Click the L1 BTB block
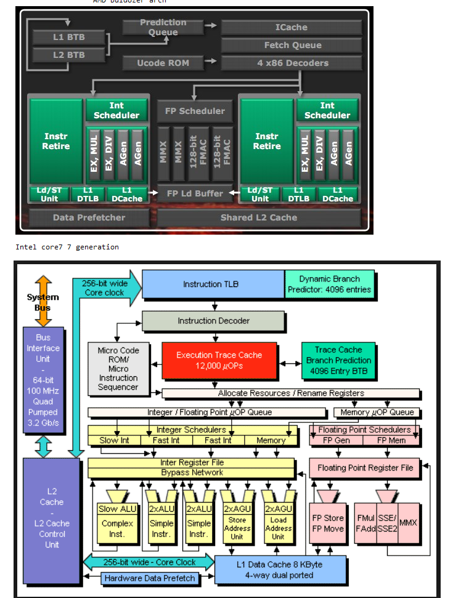pyautogui.click(x=69, y=37)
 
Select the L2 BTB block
pyautogui.click(x=69, y=55)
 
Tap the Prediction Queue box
pyautogui.click(x=163, y=27)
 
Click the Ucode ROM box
pyautogui.click(x=163, y=63)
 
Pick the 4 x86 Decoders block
pyautogui.click(x=293, y=63)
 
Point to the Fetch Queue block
pyautogui.click(x=293, y=45)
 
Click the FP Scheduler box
pyautogui.click(x=195, y=111)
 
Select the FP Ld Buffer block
pyautogui.click(x=195, y=193)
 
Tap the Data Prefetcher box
pyautogui.click(x=89, y=217)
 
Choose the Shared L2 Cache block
pyautogui.click(x=259, y=217)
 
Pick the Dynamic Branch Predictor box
pyautogui.click(x=329, y=284)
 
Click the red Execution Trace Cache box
pyautogui.click(x=219, y=360)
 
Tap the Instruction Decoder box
pyautogui.click(x=214, y=321)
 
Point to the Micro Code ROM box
pyautogui.click(x=118, y=368)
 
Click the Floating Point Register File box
pyautogui.click(x=365, y=468)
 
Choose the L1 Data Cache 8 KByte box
pyautogui.click(x=279, y=570)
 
